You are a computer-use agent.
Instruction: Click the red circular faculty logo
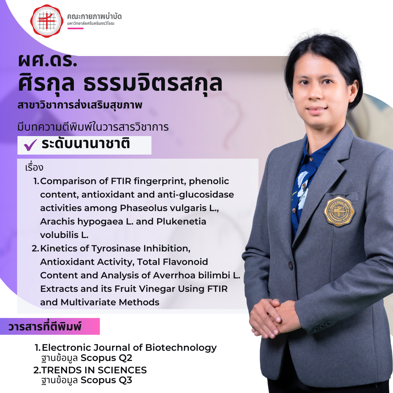47,21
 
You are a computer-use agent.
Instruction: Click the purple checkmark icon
30,145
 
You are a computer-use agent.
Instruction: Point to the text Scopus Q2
106,358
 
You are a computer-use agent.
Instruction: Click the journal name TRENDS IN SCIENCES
94,370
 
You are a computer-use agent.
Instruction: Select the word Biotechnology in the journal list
181,348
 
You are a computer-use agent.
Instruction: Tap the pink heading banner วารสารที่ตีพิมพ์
50,326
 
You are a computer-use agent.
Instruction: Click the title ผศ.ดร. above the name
48,60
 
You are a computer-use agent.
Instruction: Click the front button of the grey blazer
290,265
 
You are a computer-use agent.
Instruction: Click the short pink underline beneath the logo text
75,28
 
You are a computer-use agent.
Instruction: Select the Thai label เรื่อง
34,167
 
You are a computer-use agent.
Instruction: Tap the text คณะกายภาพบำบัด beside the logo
94,16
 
